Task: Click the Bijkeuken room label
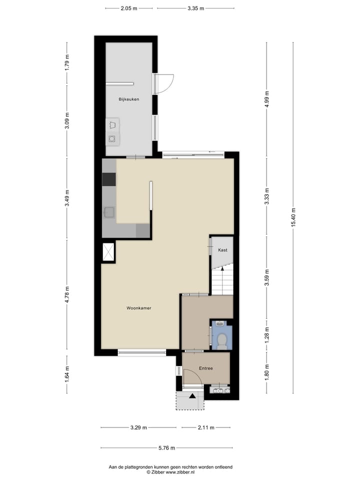click(x=128, y=99)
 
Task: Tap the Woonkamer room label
click(x=138, y=308)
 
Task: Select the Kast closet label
click(x=222, y=249)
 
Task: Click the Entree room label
click(x=205, y=368)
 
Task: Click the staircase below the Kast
click(x=222, y=281)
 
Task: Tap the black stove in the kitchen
click(x=108, y=179)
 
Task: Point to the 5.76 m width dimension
click(x=167, y=448)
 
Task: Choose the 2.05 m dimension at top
click(x=128, y=8)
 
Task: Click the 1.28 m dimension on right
click(x=266, y=332)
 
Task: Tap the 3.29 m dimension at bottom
click(x=138, y=427)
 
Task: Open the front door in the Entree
click(x=192, y=378)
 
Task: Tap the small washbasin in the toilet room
click(x=220, y=323)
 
